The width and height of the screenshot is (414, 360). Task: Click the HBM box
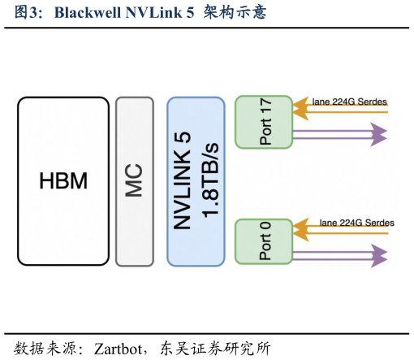[63, 180]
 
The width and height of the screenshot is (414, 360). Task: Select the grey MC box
[134, 180]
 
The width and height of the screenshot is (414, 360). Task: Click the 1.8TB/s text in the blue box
[209, 180]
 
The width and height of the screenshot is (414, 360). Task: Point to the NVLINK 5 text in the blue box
[184, 180]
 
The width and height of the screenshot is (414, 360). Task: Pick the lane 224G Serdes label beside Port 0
[356, 223]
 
